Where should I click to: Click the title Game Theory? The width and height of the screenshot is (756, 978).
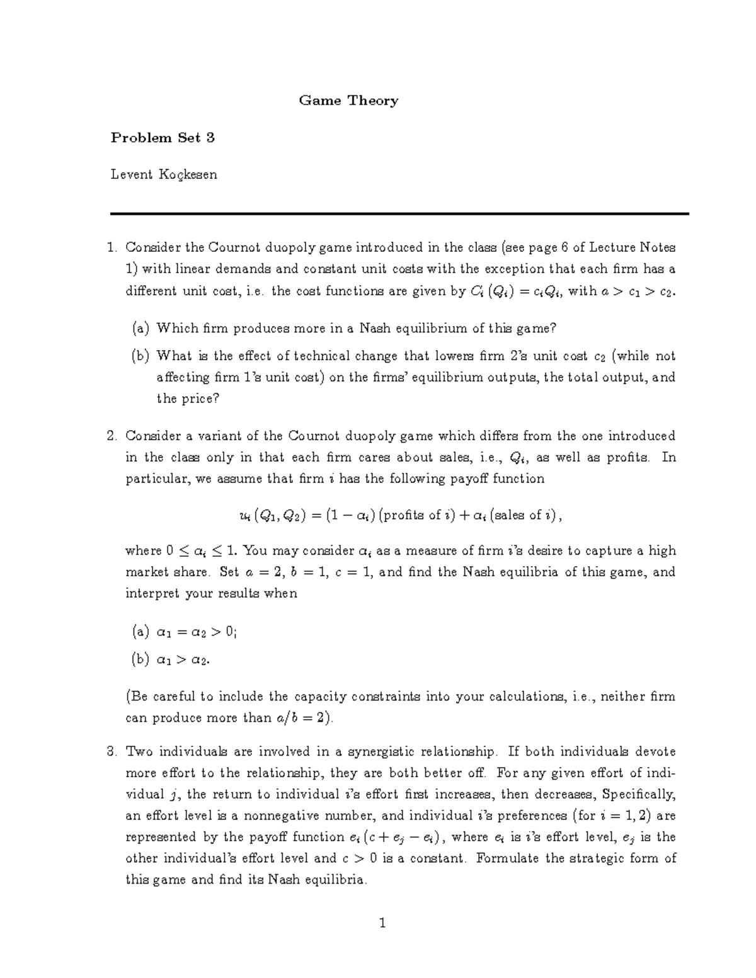pyautogui.click(x=348, y=101)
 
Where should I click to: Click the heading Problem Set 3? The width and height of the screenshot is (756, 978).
pyautogui.click(x=163, y=138)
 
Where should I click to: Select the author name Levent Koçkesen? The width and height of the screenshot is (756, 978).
pyautogui.click(x=164, y=174)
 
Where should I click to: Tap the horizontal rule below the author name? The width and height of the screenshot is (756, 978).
pyautogui.click(x=399, y=214)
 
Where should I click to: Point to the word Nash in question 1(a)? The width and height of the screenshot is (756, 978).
pyautogui.click(x=372, y=328)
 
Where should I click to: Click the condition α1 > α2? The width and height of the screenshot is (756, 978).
pyautogui.click(x=183, y=660)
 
